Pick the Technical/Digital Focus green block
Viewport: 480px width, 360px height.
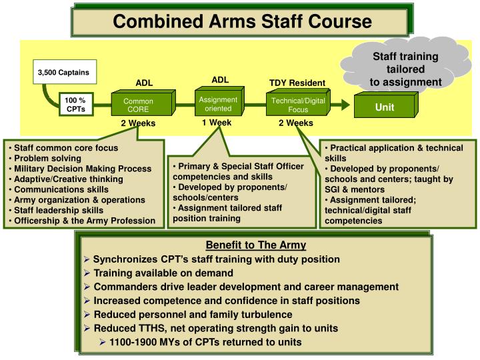(x=297, y=105)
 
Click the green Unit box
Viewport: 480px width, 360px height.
(x=384, y=107)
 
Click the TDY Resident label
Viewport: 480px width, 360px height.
(x=297, y=83)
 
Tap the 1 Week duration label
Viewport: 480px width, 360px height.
(x=217, y=123)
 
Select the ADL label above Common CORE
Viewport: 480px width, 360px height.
(x=144, y=83)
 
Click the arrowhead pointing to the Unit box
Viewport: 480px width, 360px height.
(x=342, y=105)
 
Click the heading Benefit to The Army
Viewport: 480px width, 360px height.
(x=255, y=245)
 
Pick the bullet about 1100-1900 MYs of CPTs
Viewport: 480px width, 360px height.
(x=205, y=342)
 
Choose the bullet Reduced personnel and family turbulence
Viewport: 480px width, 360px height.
(x=193, y=314)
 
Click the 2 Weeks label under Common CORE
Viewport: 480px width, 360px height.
(x=138, y=123)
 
